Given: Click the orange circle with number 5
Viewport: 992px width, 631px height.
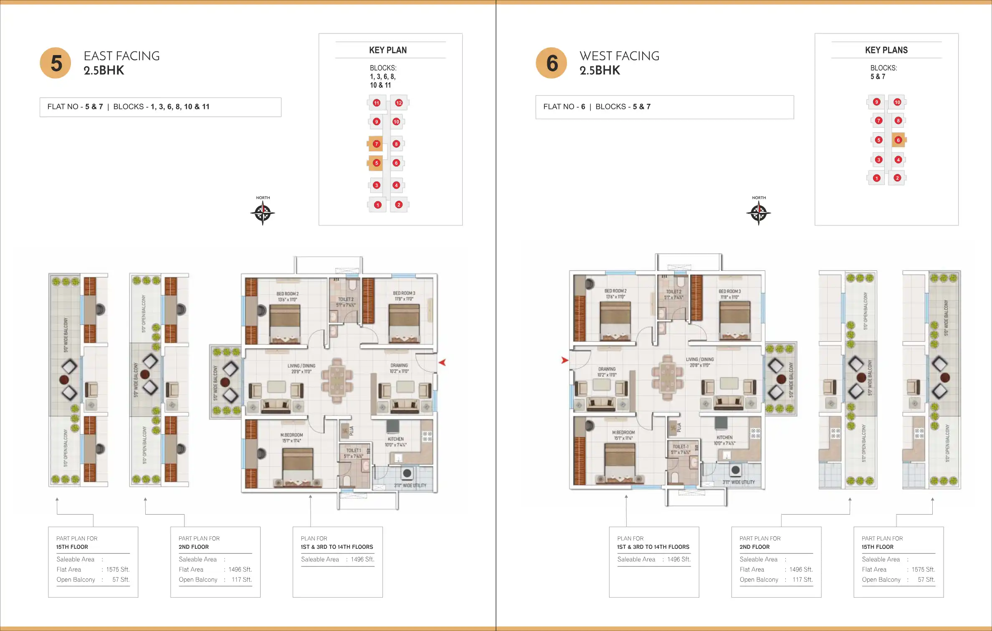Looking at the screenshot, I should click(56, 63).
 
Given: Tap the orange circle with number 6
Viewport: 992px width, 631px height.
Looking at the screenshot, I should click(552, 63).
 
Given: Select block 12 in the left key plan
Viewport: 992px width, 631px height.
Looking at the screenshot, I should click(399, 103).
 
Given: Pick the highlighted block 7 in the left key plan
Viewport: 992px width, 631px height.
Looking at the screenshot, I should click(376, 144).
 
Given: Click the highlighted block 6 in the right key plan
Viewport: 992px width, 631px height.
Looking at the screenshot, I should click(898, 140).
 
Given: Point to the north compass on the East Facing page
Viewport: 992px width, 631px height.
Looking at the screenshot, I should click(263, 213).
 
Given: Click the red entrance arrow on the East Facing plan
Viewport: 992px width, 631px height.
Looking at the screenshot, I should click(442, 363).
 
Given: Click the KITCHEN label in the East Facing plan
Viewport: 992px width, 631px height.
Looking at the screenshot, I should click(395, 439).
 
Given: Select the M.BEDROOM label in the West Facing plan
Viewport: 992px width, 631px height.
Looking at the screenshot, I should click(623, 432).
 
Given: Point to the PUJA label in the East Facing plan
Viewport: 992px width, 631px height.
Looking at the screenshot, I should click(352, 430).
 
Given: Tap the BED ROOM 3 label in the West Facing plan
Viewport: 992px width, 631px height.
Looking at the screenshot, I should click(729, 291).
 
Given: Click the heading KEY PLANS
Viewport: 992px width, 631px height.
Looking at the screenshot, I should click(886, 50).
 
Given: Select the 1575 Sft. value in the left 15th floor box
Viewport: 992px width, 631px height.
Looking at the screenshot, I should click(118, 569).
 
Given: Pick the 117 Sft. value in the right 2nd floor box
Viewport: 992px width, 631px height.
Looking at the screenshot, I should click(802, 580).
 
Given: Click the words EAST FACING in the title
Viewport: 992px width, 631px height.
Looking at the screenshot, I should click(121, 56).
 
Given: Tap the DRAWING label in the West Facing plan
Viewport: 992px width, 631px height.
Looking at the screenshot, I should click(607, 369).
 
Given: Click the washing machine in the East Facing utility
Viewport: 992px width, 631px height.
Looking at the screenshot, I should click(407, 473).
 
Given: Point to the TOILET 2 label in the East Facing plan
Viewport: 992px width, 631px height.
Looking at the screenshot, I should click(346, 299).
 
